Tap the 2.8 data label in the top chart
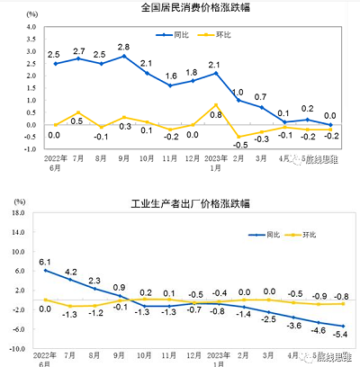pos(124,46)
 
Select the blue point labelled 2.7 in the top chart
pos(78,59)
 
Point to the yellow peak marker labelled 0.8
pos(215,105)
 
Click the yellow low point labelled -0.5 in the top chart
pos(238,136)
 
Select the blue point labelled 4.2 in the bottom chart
pos(71,280)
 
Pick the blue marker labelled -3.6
pos(293,318)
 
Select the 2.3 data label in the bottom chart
pos(95,280)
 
